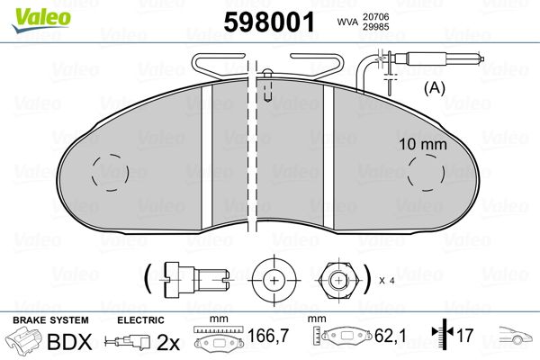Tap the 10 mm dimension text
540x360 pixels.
tap(421, 143)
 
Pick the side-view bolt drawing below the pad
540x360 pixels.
tap(194, 279)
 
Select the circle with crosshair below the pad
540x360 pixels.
tap(273, 279)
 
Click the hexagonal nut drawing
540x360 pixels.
tap(339, 279)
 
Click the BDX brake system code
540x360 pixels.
tap(68, 341)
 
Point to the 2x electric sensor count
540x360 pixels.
tap(168, 341)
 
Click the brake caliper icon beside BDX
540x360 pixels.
tap(24, 341)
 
